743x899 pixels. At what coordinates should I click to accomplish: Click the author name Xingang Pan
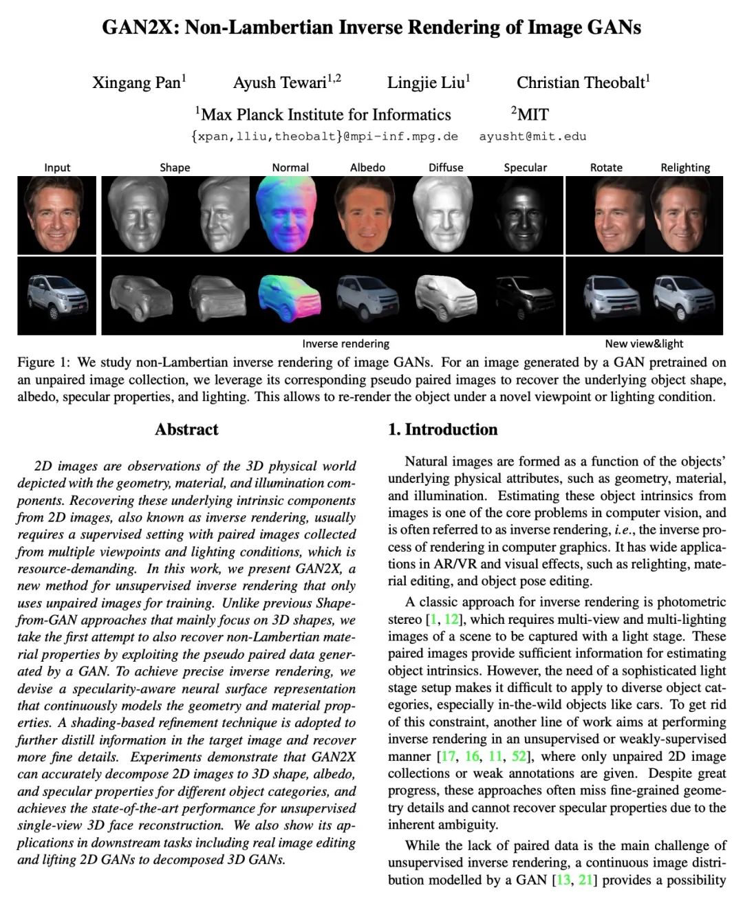tap(138, 83)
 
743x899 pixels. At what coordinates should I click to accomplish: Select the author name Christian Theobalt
tap(581, 83)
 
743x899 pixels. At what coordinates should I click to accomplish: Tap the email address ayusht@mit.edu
tap(532, 136)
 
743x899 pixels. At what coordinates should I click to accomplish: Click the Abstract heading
tap(186, 429)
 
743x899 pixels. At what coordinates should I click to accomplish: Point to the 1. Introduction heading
tap(442, 429)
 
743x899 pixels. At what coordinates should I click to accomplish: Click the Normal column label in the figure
tap(290, 167)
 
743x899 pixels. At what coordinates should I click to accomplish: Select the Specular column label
tap(525, 167)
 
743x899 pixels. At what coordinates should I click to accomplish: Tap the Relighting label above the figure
tap(685, 167)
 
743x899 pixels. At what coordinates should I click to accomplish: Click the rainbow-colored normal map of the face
tap(290, 215)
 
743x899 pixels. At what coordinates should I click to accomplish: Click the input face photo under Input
tap(57, 215)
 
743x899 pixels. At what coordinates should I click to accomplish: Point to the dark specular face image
tap(524, 215)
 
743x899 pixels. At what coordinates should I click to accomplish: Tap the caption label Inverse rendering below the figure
tap(345, 343)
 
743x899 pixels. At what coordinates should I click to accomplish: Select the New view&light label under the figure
tap(644, 343)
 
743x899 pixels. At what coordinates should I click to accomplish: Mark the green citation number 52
tap(519, 756)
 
